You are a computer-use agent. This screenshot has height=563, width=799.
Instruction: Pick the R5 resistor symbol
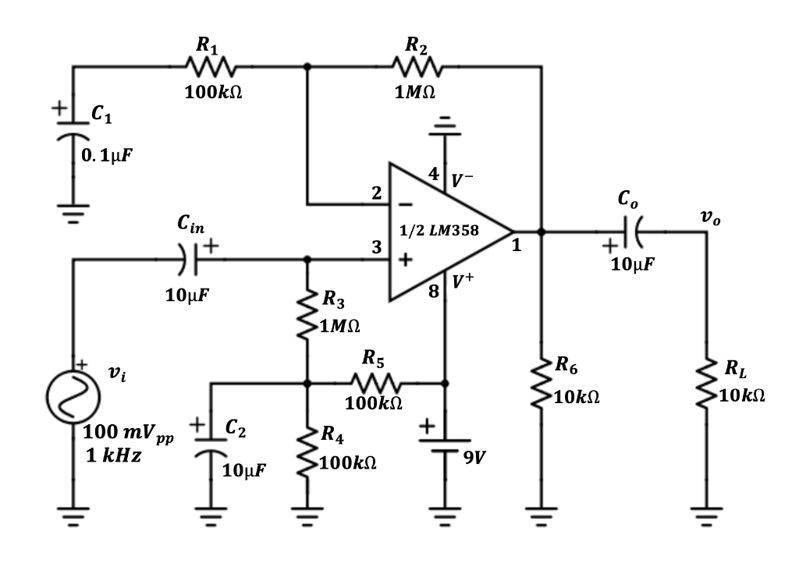(x=377, y=383)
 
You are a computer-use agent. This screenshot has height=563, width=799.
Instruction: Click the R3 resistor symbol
(x=307, y=316)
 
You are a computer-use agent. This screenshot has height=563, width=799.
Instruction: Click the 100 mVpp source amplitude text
(x=129, y=433)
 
